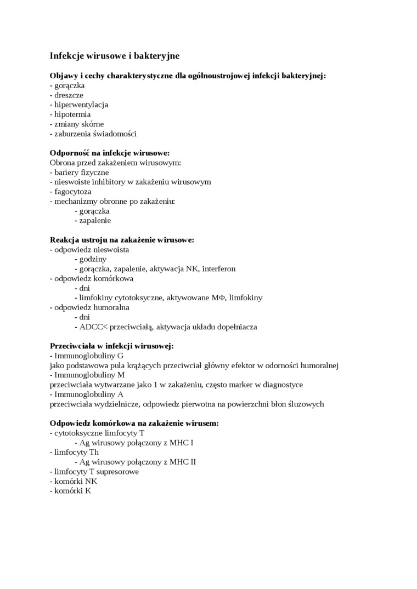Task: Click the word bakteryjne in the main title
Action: pos(156,56)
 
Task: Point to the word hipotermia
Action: pos(72,115)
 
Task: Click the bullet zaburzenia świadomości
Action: pos(93,134)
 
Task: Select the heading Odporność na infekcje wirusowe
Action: pos(110,153)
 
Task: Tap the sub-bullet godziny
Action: pos(93,259)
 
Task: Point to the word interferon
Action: pos(219,269)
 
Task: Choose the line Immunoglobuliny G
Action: pos(87,356)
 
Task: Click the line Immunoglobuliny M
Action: pos(87,375)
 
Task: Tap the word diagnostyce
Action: pos(281,385)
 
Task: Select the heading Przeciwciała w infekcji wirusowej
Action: pos(112,346)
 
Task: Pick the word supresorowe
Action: pos(117,472)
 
